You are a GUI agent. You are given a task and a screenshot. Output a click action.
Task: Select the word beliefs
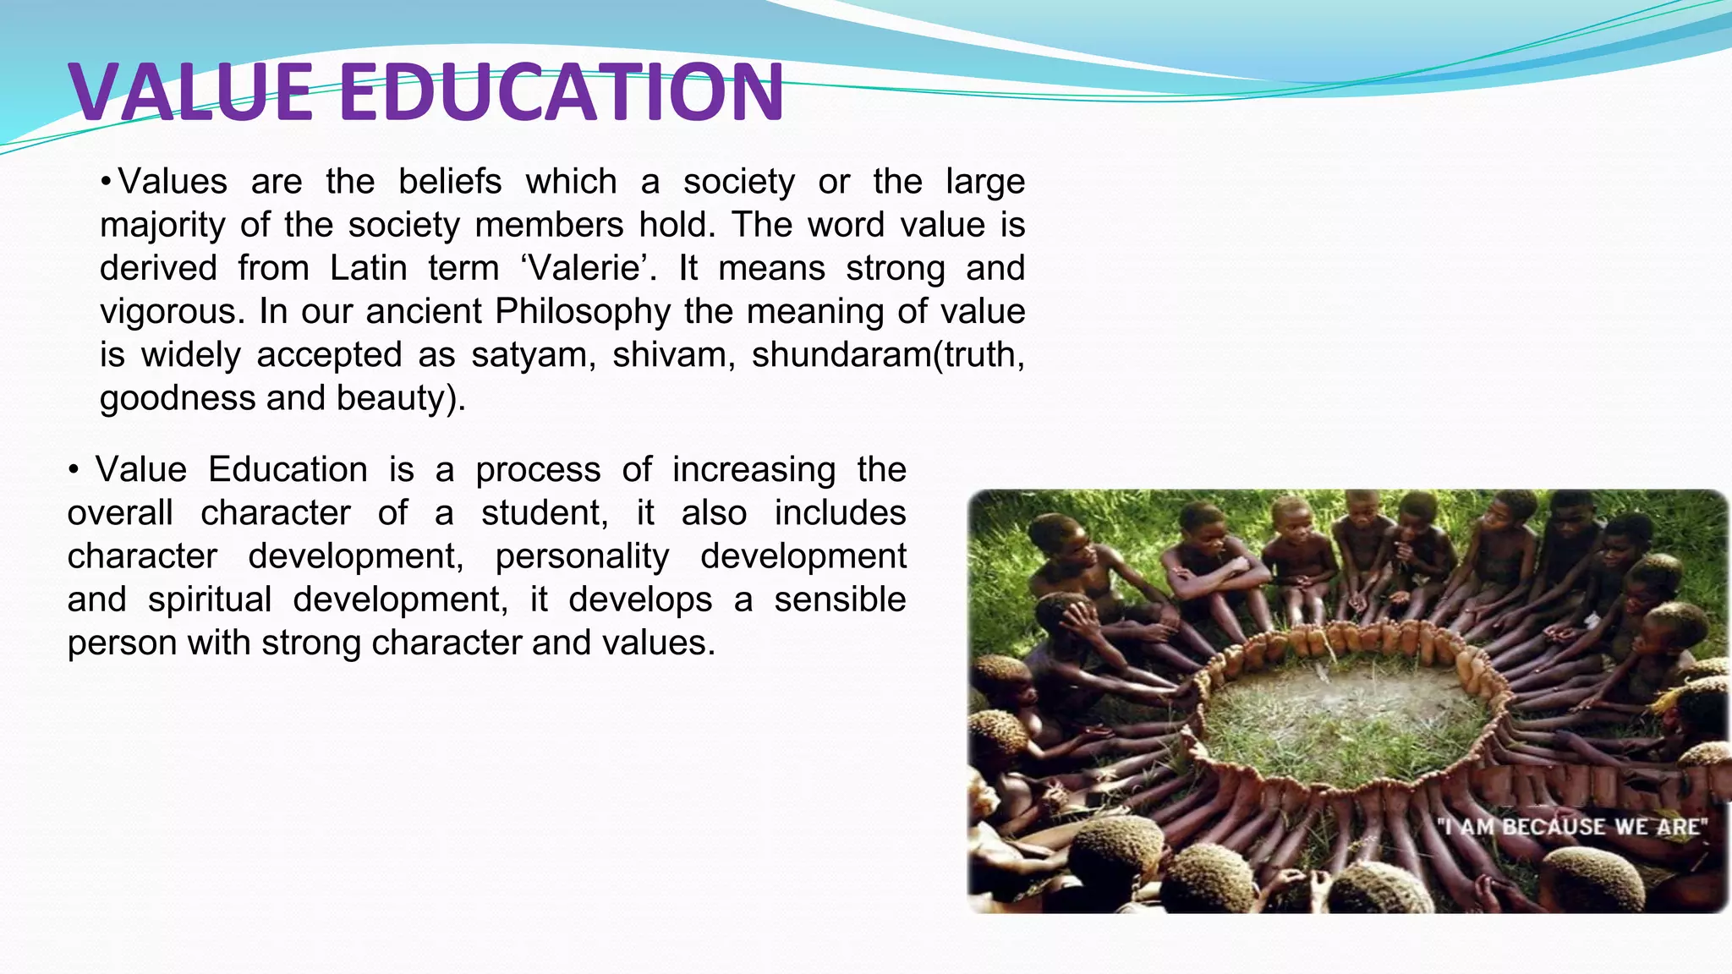point(449,182)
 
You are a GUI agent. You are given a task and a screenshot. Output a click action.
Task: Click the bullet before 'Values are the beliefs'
point(106,182)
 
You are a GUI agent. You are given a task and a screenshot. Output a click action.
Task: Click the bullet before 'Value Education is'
point(74,470)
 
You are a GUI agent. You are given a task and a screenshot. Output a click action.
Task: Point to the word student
point(544,513)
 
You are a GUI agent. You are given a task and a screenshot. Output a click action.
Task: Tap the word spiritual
point(209,599)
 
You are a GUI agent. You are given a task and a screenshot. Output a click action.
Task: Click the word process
point(538,470)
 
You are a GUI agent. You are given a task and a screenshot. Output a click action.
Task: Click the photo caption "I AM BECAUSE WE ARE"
point(1571,826)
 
